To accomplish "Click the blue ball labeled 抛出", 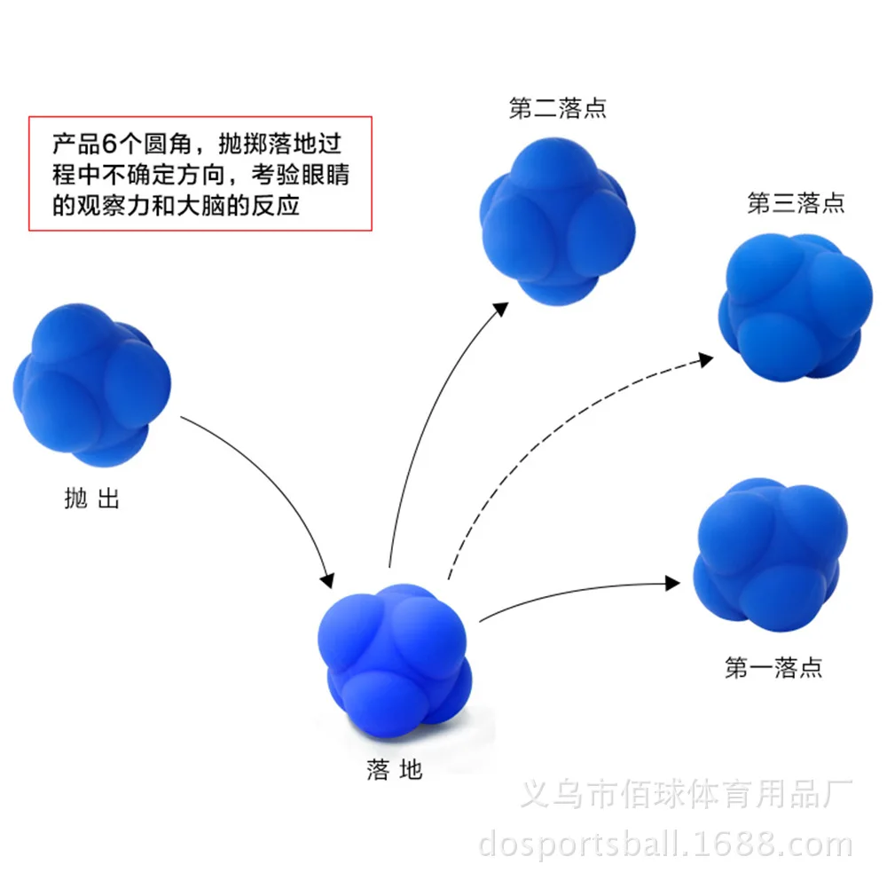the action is (x=91, y=385).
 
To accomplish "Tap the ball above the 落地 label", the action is (x=395, y=661).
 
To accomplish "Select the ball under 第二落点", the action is (x=557, y=221).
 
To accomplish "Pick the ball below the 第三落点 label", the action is (x=796, y=307).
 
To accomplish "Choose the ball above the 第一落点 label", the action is (x=770, y=554).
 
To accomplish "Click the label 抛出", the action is (x=91, y=499).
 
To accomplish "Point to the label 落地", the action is (x=394, y=770).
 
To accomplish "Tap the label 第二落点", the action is (x=557, y=108).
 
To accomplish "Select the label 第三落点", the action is (x=796, y=203).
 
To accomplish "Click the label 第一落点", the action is (x=773, y=668).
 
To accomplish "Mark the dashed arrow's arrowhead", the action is (x=706, y=359).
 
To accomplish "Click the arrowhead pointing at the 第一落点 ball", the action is (x=672, y=584).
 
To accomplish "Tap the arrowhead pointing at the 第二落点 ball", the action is (x=500, y=310).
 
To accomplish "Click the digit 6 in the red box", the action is (x=109, y=144).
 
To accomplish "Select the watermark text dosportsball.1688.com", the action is (x=665, y=845).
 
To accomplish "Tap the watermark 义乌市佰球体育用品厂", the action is (x=687, y=793).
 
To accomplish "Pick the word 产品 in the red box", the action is (x=76, y=144).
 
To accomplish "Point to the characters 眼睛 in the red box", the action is (x=326, y=175).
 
